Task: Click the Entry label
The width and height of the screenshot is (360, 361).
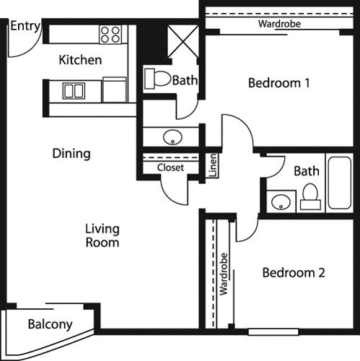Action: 25,26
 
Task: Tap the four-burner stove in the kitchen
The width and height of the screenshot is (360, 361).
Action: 110,35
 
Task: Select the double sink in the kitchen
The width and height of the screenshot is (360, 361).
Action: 74,91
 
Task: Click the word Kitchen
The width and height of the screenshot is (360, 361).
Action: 80,60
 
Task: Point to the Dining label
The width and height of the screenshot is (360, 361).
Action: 71,153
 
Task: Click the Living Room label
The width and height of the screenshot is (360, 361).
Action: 102,235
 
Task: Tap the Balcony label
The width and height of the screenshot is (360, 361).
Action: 50,324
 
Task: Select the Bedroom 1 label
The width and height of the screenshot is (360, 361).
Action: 278,83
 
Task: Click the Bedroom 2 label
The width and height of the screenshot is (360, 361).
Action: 294,273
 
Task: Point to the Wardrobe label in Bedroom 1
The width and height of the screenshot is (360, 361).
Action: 279,24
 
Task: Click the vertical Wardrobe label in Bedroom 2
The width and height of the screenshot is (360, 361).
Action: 224,274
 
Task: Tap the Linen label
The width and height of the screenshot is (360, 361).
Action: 213,165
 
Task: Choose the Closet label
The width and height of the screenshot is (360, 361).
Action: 170,168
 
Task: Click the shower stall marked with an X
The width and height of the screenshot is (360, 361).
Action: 183,42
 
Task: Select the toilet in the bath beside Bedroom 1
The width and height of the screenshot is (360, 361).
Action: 157,79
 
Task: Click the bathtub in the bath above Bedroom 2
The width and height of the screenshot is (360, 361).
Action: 340,183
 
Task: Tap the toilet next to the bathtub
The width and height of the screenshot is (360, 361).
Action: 310,196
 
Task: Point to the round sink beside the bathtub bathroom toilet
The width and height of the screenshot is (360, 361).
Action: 281,201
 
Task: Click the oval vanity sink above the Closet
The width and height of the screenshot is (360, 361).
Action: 172,137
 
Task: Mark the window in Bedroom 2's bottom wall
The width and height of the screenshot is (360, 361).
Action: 273,332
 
